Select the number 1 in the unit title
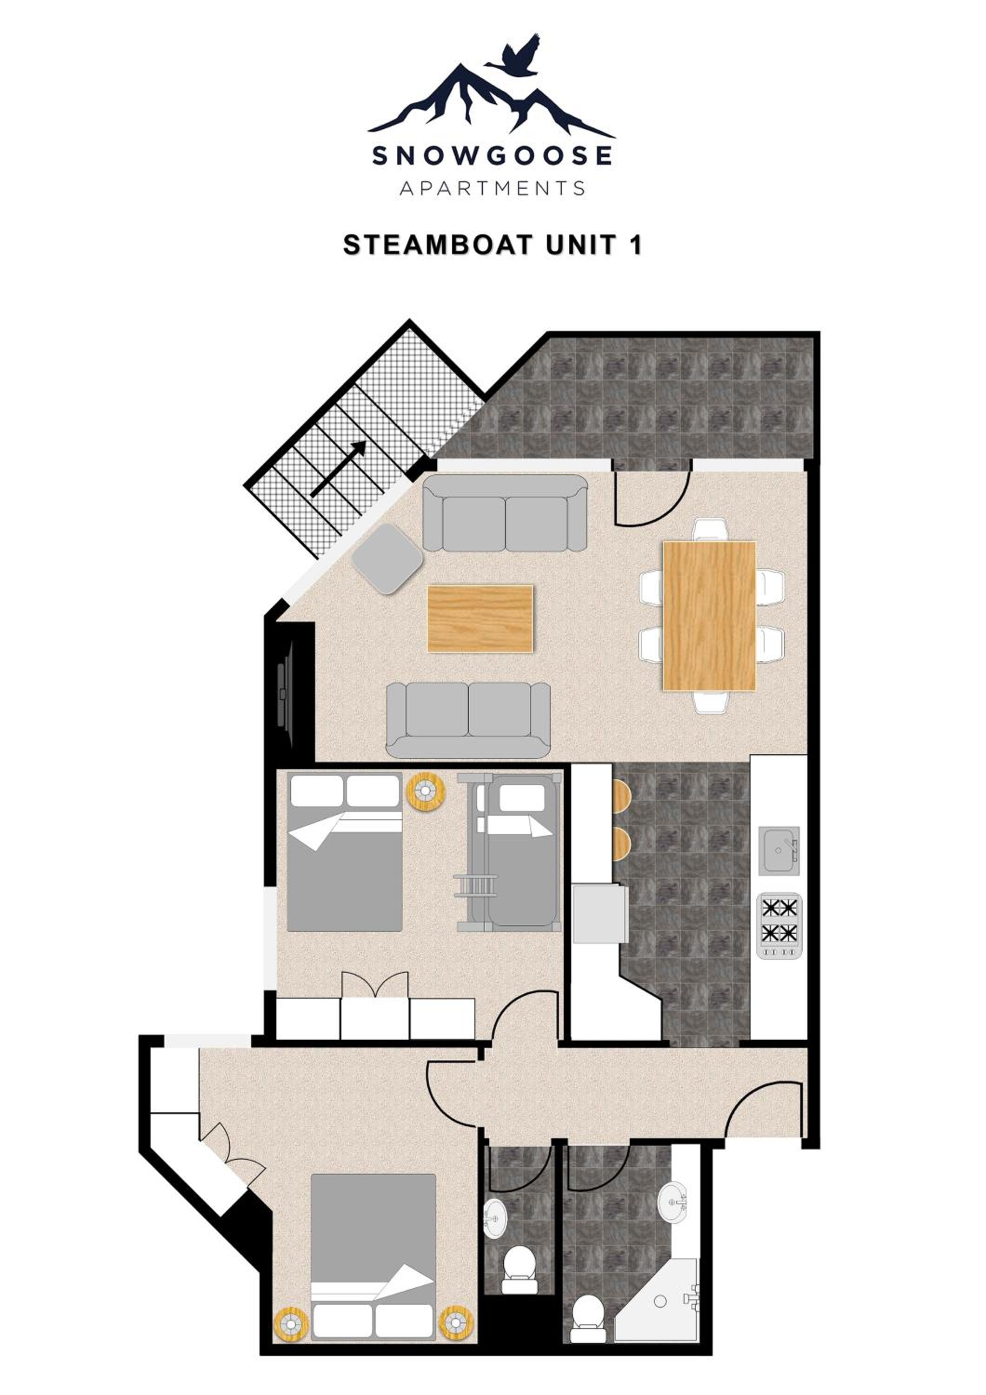(x=635, y=245)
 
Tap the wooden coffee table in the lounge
(x=480, y=618)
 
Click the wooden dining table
(x=710, y=616)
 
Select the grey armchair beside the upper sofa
(x=387, y=558)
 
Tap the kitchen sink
(x=779, y=850)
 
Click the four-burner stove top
(x=779, y=926)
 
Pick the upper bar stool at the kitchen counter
(x=621, y=796)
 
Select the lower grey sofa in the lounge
(x=468, y=720)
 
